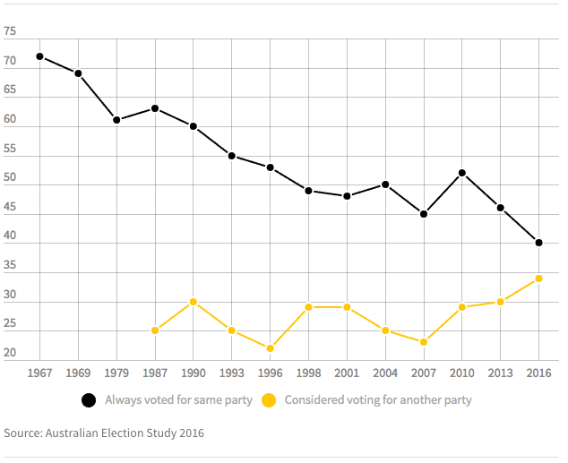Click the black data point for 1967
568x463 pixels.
click(39, 56)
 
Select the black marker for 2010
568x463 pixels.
click(461, 173)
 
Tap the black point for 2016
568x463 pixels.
click(538, 243)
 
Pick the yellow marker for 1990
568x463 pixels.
click(194, 302)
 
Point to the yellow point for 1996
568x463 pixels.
click(270, 348)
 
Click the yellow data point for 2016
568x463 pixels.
click(538, 279)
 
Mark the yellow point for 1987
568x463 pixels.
click(155, 330)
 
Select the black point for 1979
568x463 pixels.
click(116, 120)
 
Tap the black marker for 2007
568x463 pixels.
click(423, 214)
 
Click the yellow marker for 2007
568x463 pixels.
click(423, 342)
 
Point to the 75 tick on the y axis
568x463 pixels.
click(10, 32)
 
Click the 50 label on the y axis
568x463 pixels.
click(10, 178)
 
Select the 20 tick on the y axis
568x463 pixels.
click(10, 354)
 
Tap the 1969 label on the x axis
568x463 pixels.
click(78, 372)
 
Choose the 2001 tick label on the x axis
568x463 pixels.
click(347, 372)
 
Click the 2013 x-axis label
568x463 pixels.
click(500, 372)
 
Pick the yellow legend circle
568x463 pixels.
click(269, 400)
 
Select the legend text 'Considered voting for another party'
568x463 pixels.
click(378, 400)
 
